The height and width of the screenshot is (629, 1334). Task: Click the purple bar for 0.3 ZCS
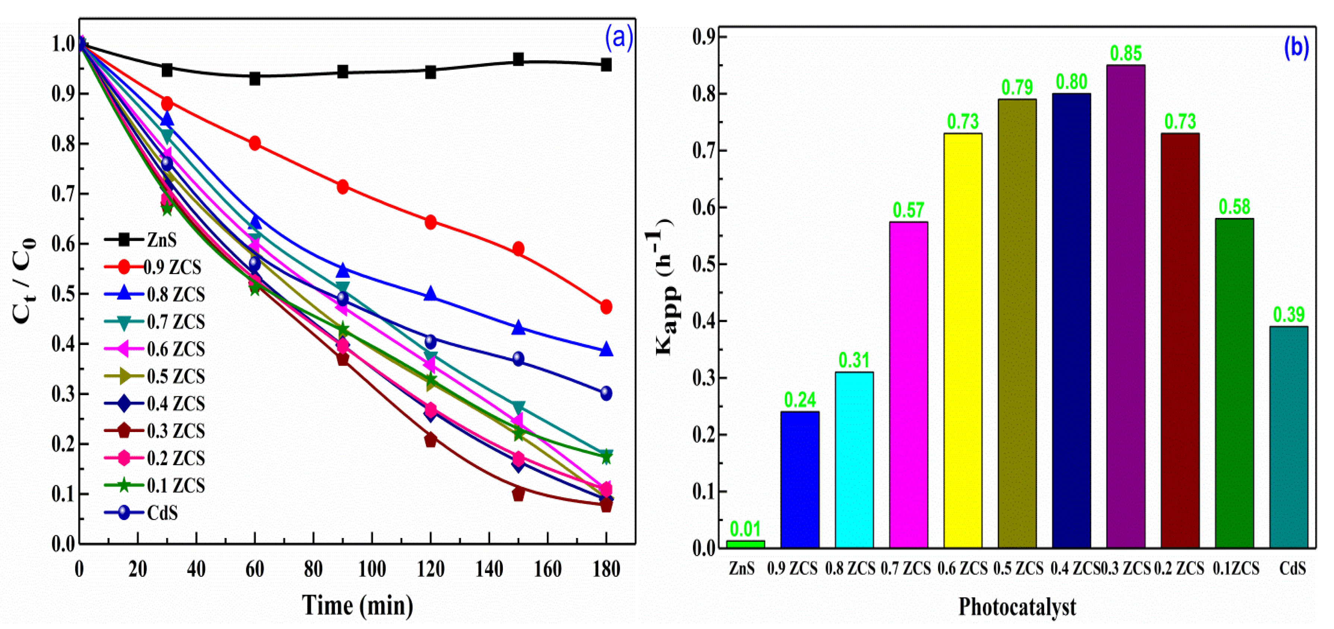coord(1125,306)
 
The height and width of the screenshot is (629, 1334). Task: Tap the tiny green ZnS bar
coord(745,544)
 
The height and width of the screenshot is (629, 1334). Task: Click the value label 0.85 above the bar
coord(1125,53)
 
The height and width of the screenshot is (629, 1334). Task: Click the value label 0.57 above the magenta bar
coord(908,210)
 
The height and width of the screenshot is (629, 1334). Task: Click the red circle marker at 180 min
coord(606,307)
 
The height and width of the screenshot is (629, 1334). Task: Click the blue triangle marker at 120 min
coord(430,294)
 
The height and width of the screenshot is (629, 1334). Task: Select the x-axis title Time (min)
coord(357,605)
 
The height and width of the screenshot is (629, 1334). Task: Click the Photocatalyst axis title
coord(1016,607)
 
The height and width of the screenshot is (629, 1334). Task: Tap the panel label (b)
coord(1296,47)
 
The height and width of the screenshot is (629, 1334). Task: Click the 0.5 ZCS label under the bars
coord(1018,569)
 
